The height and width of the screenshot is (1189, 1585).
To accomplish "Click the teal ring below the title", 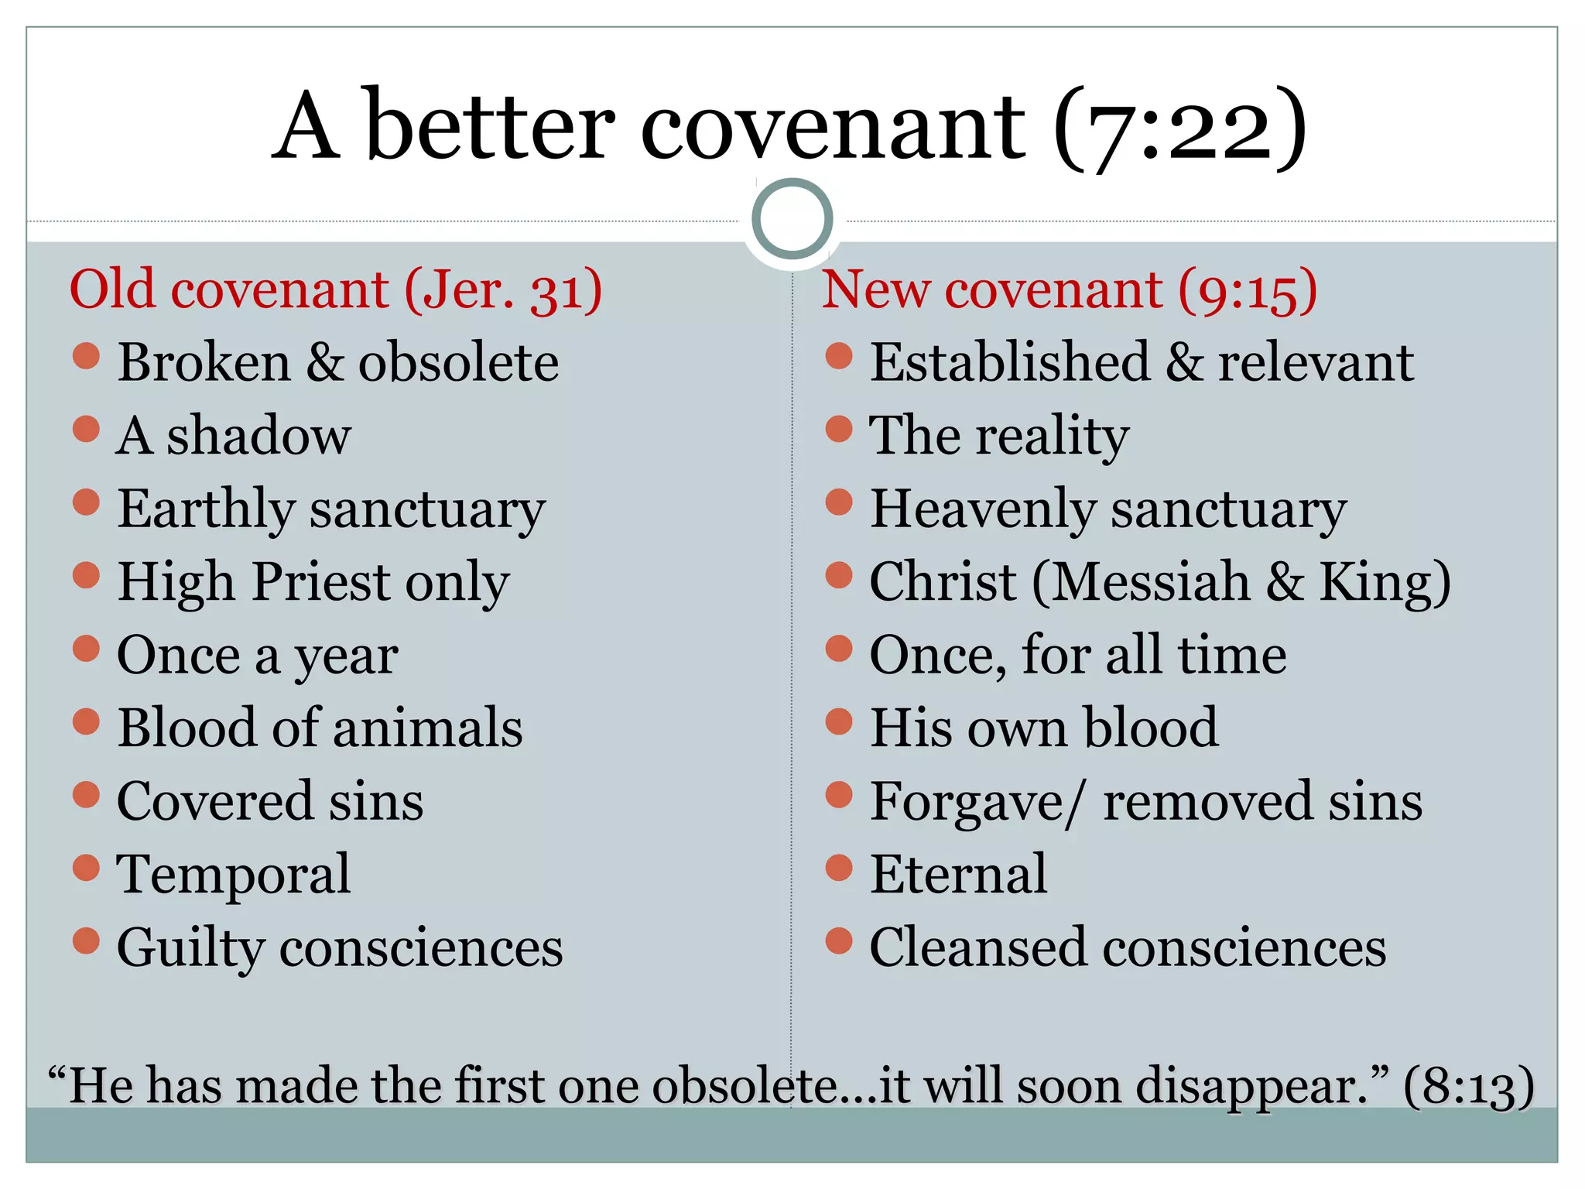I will coord(792,219).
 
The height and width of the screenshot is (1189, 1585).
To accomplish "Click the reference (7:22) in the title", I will coord(1179,128).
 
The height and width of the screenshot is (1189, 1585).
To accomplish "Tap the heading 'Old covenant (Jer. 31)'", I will coord(335,290).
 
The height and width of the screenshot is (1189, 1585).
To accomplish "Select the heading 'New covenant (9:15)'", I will coord(1069,290).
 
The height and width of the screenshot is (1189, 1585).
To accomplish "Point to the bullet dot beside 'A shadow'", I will coord(86,429).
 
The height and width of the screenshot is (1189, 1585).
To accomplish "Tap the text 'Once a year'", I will coord(257,656).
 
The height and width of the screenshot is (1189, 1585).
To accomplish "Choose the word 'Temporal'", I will coord(233,874).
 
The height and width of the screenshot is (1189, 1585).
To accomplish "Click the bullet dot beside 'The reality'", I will coord(839,429).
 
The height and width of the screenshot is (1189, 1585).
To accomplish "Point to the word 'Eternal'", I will coord(958,874).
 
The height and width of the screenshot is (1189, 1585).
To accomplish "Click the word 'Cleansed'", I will coord(978,947).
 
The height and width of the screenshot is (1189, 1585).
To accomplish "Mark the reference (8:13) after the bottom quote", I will coord(1468,1086).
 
